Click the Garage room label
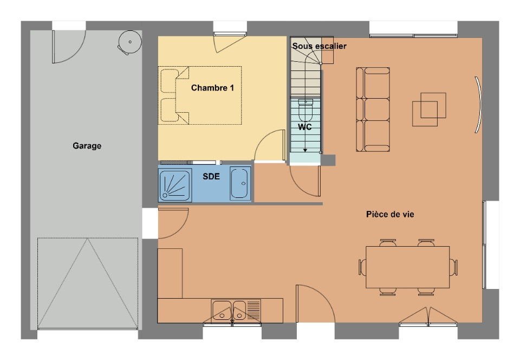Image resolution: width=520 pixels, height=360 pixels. [87, 146]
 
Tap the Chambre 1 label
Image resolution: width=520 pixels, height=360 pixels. [212, 88]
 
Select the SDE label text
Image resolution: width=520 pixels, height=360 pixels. [211, 176]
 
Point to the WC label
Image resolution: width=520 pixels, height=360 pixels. [305, 127]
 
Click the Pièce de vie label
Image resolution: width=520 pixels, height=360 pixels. [390, 214]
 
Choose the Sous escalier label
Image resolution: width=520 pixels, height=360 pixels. [320, 46]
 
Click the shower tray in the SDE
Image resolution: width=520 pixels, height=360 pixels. [175, 185]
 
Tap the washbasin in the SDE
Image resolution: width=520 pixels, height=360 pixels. [240, 183]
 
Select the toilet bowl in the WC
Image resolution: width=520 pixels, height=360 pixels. [305, 110]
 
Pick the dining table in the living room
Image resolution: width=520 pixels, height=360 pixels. [407, 267]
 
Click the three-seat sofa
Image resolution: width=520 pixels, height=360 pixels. [373, 110]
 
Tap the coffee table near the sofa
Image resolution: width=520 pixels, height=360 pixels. [429, 109]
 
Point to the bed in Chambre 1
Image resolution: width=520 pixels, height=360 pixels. [200, 95]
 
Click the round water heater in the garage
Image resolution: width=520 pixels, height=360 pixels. [129, 42]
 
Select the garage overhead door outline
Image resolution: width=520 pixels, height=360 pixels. [88, 283]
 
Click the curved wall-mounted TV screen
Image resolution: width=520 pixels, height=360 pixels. [478, 105]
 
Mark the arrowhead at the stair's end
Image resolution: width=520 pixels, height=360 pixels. [305, 150]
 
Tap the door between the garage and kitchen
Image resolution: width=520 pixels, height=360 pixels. [173, 223]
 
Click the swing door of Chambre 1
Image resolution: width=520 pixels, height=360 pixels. [270, 145]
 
